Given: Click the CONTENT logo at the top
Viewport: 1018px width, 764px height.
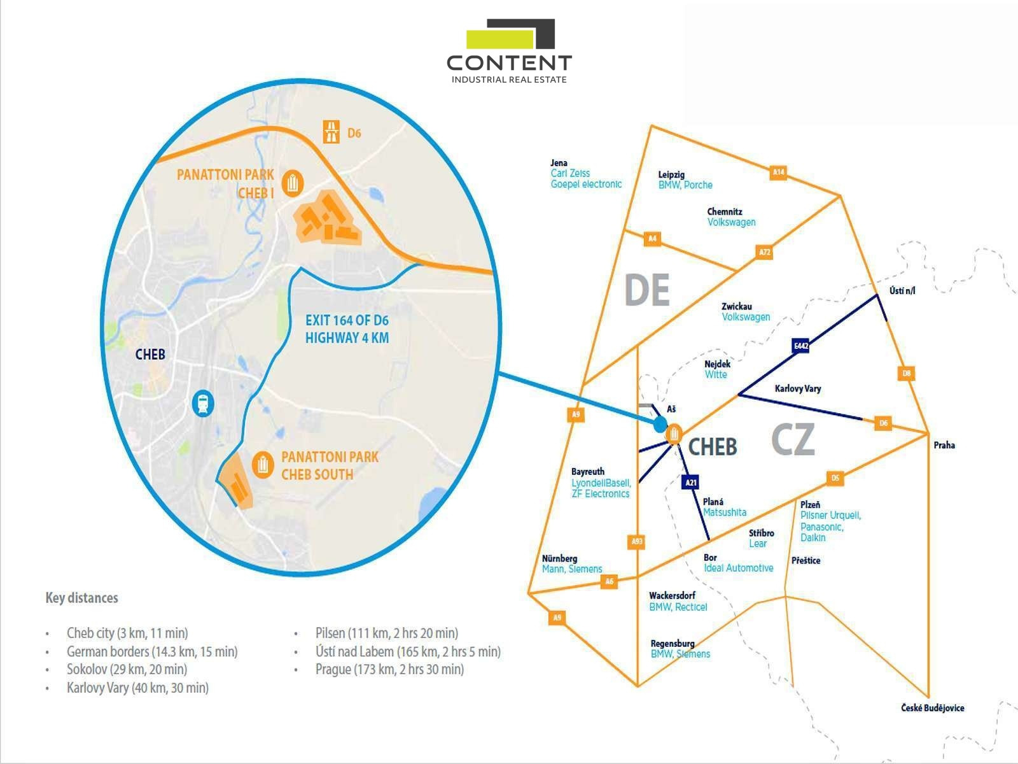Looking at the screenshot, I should pyautogui.click(x=509, y=52).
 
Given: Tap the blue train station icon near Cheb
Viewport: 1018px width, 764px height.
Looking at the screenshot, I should pyautogui.click(x=203, y=403).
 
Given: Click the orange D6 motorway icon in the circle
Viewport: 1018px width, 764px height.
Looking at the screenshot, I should pyautogui.click(x=331, y=132).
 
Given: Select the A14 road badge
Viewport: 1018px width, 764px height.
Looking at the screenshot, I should pyautogui.click(x=778, y=172).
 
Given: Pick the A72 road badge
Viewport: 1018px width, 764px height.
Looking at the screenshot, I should pyautogui.click(x=765, y=252).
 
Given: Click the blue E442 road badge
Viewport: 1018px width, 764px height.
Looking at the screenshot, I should pyautogui.click(x=801, y=346).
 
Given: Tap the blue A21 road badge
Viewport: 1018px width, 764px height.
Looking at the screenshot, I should pyautogui.click(x=691, y=483).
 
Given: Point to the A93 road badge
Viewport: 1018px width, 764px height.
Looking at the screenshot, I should pyautogui.click(x=637, y=542).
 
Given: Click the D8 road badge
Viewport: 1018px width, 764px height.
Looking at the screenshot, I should pyautogui.click(x=907, y=374).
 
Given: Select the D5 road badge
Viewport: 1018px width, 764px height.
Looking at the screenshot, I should pyautogui.click(x=835, y=478).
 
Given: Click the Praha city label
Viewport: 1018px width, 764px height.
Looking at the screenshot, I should pyautogui.click(x=944, y=445).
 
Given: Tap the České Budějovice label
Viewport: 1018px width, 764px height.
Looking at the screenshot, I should pyautogui.click(x=932, y=708).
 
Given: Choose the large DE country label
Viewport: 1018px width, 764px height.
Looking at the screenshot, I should pyautogui.click(x=647, y=290).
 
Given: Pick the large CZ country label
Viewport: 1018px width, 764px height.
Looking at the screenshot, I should pyautogui.click(x=793, y=439).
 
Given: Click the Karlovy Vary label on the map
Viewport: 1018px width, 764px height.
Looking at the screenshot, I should pyautogui.click(x=798, y=388).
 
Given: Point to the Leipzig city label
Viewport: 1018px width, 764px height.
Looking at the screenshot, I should pyautogui.click(x=671, y=174).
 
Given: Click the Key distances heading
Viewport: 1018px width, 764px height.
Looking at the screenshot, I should pyautogui.click(x=81, y=598).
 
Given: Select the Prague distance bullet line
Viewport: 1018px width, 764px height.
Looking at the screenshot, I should pyautogui.click(x=389, y=669).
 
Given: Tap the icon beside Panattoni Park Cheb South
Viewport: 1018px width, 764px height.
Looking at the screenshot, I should pyautogui.click(x=263, y=465).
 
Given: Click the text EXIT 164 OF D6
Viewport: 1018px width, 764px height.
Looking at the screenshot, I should pyautogui.click(x=347, y=320).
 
